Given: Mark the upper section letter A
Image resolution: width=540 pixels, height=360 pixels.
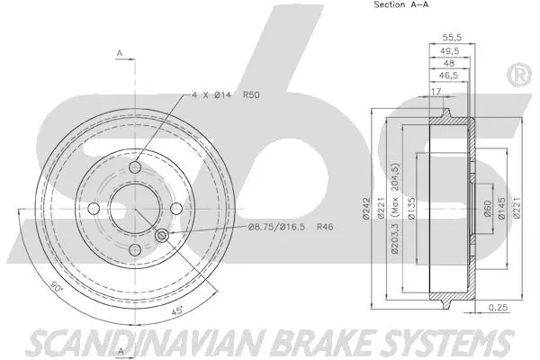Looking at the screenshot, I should coord(120,53).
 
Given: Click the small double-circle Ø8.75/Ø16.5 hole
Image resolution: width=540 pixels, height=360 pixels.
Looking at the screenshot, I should coord(162,236).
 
